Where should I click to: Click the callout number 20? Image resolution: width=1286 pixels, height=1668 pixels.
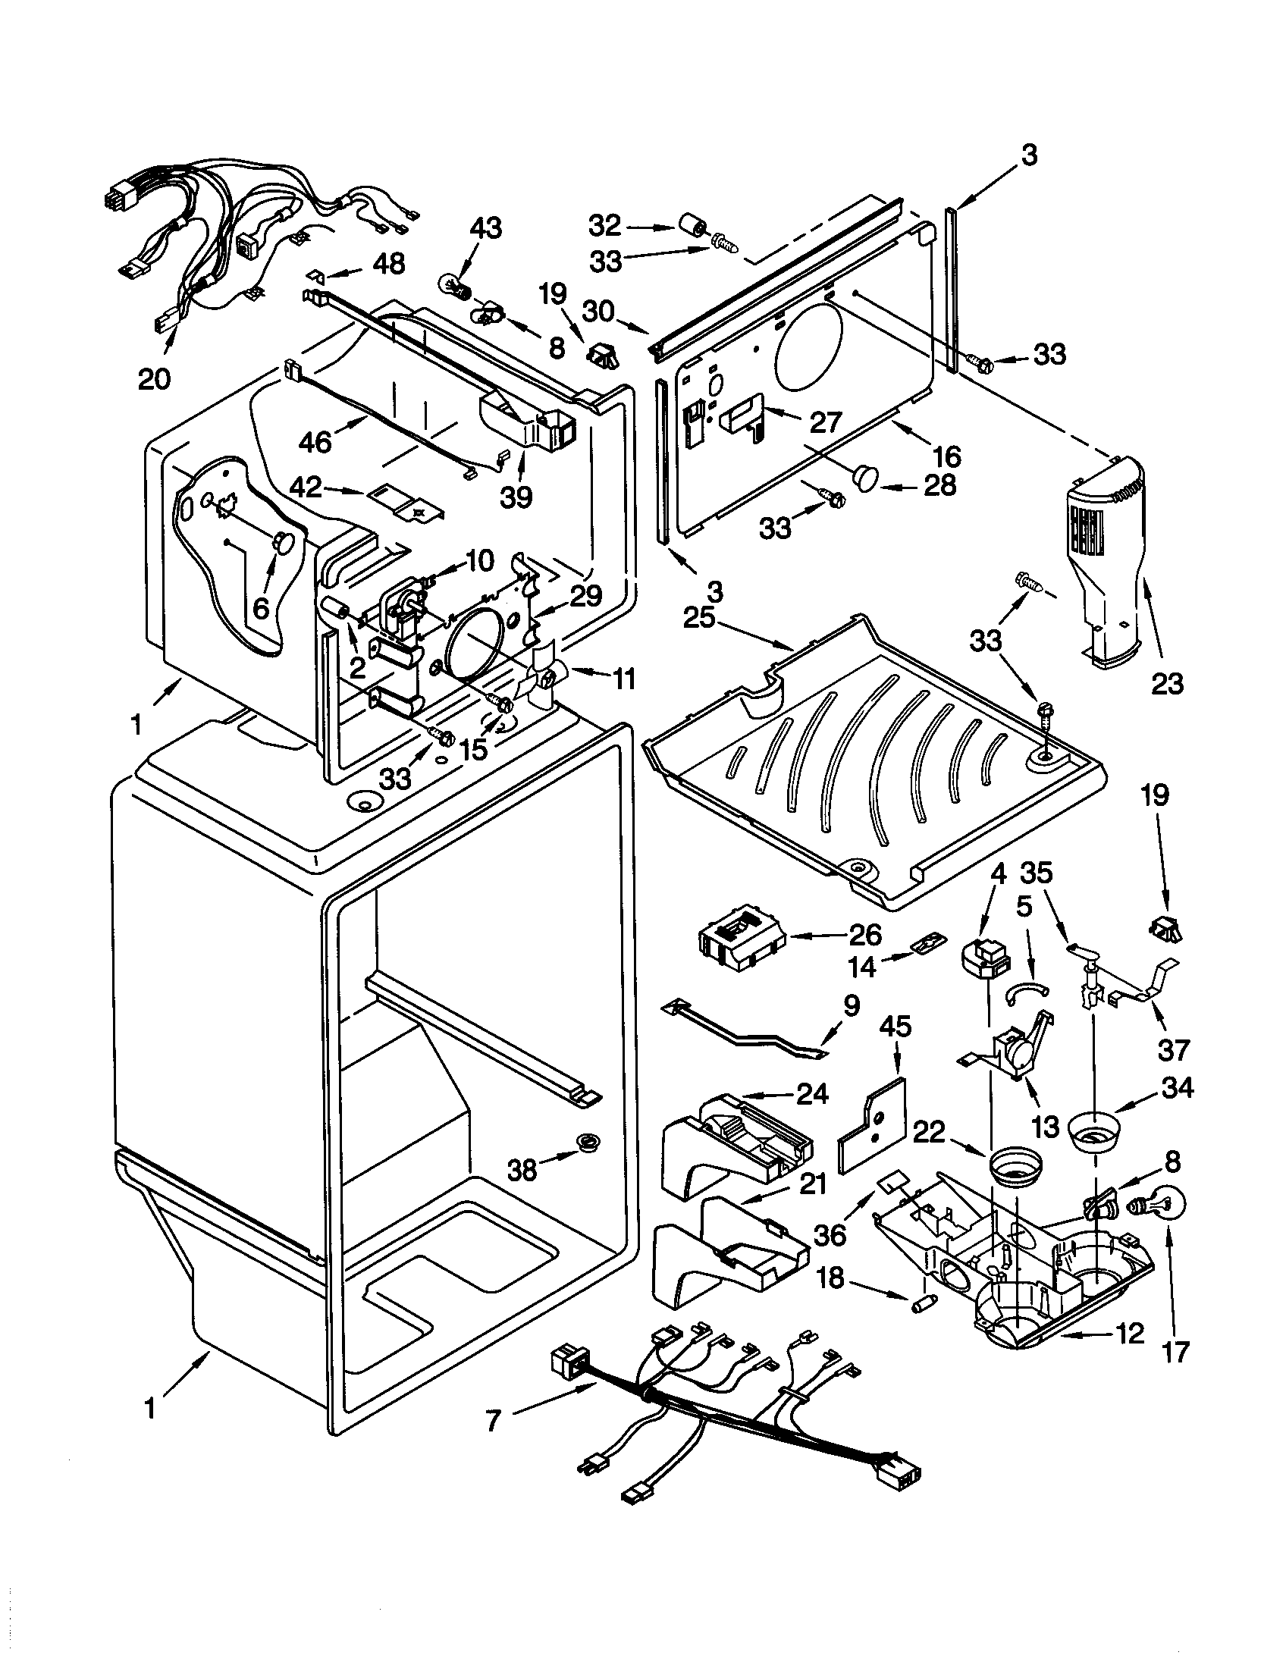click(154, 378)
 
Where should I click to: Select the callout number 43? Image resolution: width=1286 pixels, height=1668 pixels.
click(486, 227)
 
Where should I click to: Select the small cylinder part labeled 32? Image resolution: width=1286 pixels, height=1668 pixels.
click(691, 227)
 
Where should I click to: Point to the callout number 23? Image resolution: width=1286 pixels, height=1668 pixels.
click(1167, 682)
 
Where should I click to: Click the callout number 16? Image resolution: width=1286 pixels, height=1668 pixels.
click(946, 456)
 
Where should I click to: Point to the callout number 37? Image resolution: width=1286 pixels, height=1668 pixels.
click(1174, 1050)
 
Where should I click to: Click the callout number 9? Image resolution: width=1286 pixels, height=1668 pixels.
click(851, 1005)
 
